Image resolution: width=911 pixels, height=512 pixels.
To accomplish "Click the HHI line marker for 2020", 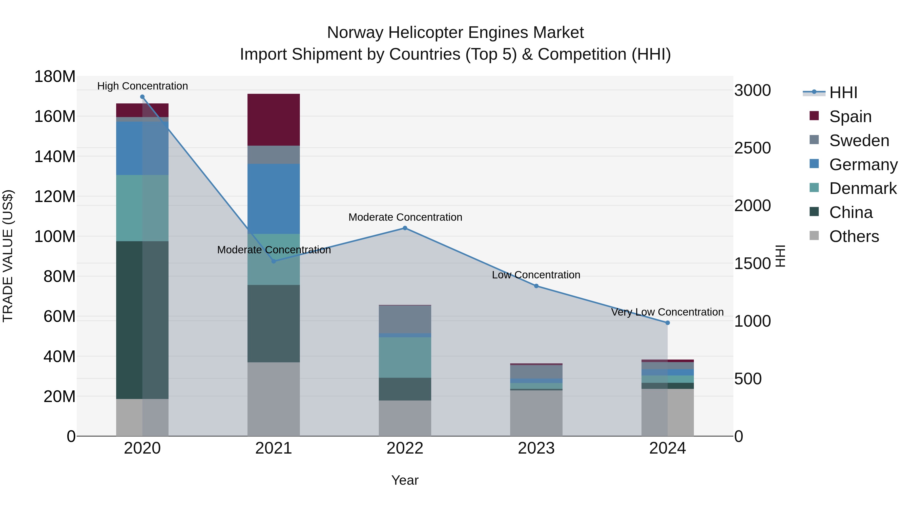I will click(142, 97).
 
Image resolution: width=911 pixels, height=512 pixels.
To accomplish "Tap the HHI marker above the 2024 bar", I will click(667, 323).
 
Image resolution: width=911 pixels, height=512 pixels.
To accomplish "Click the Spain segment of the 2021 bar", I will click(273, 120).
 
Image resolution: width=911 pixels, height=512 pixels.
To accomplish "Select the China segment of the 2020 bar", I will click(142, 320).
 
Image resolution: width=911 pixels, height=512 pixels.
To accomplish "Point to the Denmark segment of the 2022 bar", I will click(405, 357).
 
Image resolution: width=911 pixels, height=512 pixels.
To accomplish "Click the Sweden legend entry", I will click(859, 141).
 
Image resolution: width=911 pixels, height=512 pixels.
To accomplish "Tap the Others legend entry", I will click(854, 236).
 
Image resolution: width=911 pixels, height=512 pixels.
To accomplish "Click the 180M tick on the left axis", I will click(55, 77).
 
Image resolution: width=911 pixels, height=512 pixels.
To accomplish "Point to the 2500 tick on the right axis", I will click(753, 148).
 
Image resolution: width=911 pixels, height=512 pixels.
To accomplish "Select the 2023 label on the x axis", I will click(536, 448).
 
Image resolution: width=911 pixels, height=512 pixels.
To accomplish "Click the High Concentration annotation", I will click(142, 86).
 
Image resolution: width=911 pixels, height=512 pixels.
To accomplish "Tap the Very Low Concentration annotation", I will click(667, 312).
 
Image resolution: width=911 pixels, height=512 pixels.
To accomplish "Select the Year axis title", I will click(405, 480).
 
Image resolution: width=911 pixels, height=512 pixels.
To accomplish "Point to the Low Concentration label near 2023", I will click(536, 275).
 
